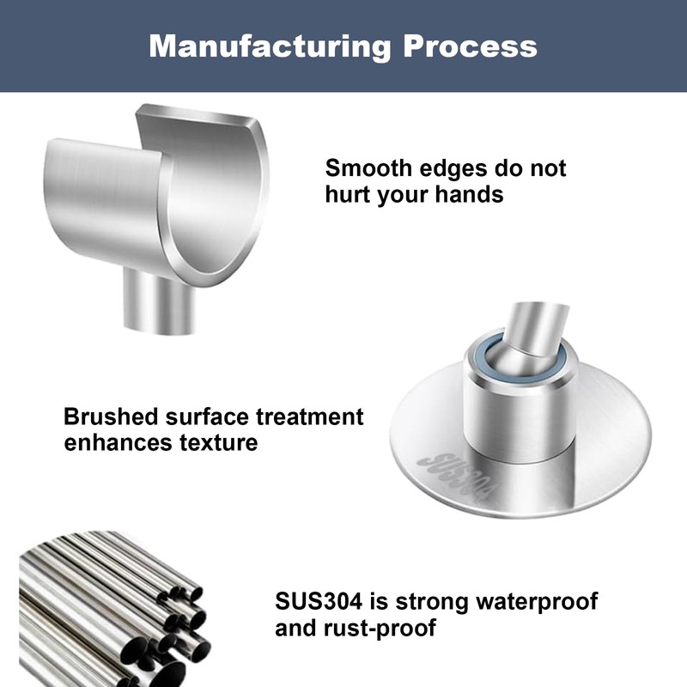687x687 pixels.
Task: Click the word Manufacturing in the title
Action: (x=270, y=47)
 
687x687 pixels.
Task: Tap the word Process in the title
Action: (x=470, y=46)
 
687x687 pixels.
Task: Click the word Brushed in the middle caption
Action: (x=111, y=416)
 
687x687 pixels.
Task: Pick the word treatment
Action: (x=310, y=416)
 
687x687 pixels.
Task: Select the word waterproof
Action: (x=537, y=602)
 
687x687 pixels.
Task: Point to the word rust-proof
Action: (x=380, y=628)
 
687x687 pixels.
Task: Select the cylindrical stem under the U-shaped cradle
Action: (x=159, y=301)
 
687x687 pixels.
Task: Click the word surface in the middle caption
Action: (x=207, y=416)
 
